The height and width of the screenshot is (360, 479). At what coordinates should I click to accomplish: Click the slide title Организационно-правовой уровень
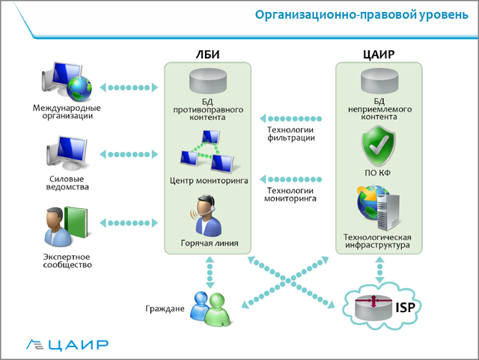(360, 15)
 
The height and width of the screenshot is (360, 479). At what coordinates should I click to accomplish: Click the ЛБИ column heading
(207, 54)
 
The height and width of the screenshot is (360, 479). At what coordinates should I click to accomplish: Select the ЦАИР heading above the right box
(378, 54)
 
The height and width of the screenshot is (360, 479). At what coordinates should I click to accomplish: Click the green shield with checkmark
(378, 145)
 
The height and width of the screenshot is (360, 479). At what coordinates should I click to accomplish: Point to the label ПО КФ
(378, 174)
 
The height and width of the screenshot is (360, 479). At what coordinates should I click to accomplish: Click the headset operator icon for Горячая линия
(207, 216)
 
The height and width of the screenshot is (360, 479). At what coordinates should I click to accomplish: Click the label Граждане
(165, 308)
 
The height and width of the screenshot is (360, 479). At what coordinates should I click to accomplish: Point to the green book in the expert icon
(75, 227)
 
